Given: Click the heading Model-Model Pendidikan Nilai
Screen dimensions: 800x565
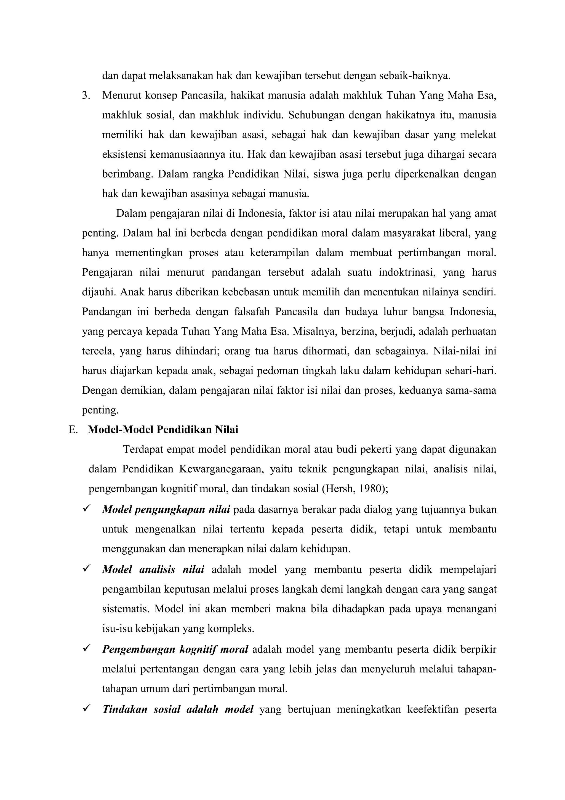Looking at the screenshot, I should [x=163, y=430].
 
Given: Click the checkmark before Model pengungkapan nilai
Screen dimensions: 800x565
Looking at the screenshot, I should [x=86, y=509].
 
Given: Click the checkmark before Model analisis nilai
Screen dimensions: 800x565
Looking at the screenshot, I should [x=86, y=569].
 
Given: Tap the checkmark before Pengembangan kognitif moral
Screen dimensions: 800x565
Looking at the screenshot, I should [x=86, y=648].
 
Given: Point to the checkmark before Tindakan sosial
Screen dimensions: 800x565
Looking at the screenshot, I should [x=86, y=708].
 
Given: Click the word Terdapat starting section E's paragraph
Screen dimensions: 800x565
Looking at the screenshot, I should [x=142, y=449].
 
